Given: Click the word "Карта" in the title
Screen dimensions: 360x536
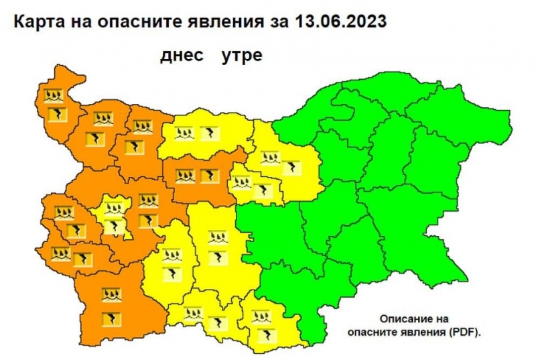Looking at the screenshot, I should click(41, 21).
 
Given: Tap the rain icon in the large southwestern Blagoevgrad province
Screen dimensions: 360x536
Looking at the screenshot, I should click(107, 294).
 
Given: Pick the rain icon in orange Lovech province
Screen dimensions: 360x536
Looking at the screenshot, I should click(186, 176).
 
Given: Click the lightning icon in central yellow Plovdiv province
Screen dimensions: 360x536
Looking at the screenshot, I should click(216, 257).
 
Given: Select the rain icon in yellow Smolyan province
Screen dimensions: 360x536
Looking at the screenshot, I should click(194, 312).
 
